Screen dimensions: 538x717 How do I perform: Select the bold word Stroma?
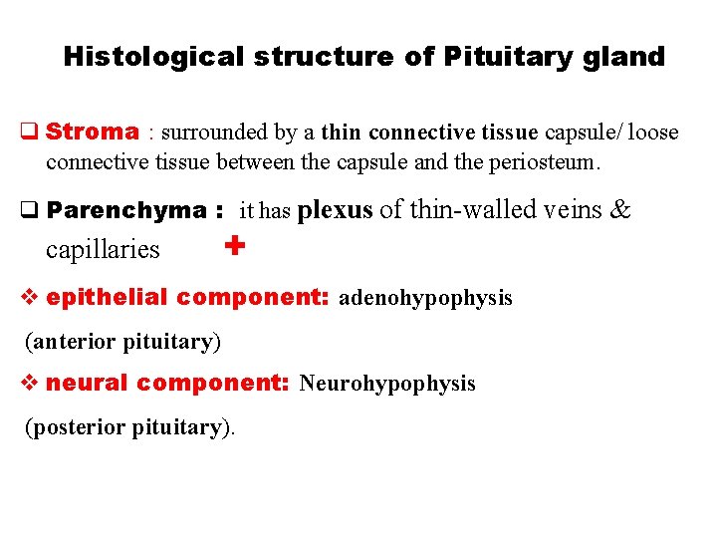[x=93, y=132]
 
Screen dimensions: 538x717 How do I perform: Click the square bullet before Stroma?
[x=30, y=132]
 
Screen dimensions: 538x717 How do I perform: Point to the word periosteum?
[x=555, y=160]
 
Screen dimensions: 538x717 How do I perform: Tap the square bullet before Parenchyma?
[x=30, y=210]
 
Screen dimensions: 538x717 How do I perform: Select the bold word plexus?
[x=335, y=209]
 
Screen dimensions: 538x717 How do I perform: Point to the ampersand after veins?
[x=619, y=209]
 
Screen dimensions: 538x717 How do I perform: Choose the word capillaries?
[x=103, y=249]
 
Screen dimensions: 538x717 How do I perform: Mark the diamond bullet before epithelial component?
[x=30, y=297]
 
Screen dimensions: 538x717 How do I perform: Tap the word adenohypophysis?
[x=426, y=298]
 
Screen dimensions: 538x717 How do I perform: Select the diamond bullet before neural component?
[x=30, y=383]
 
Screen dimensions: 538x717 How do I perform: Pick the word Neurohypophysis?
[x=387, y=384]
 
